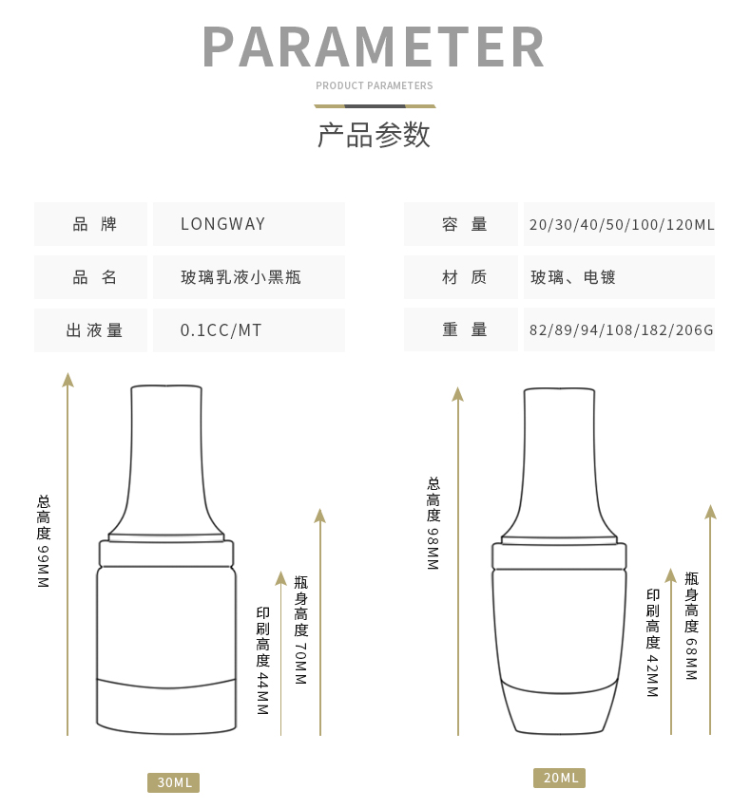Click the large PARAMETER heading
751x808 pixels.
374,47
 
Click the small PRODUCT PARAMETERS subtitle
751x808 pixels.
375,85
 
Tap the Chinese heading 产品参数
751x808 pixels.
374,135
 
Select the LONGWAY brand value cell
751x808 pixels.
249,224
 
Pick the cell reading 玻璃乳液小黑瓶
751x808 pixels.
249,277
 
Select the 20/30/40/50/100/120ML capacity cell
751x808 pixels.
620,224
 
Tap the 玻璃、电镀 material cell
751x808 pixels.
620,277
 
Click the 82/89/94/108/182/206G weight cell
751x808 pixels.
620,329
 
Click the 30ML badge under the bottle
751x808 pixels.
173,782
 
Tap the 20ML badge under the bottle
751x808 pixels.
560,778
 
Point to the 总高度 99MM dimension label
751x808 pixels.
44,541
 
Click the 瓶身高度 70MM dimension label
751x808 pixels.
301,630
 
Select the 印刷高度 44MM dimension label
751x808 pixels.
263,661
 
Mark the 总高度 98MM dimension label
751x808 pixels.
433,523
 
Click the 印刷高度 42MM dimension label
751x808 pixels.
653,643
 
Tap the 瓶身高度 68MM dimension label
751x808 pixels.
692,626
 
